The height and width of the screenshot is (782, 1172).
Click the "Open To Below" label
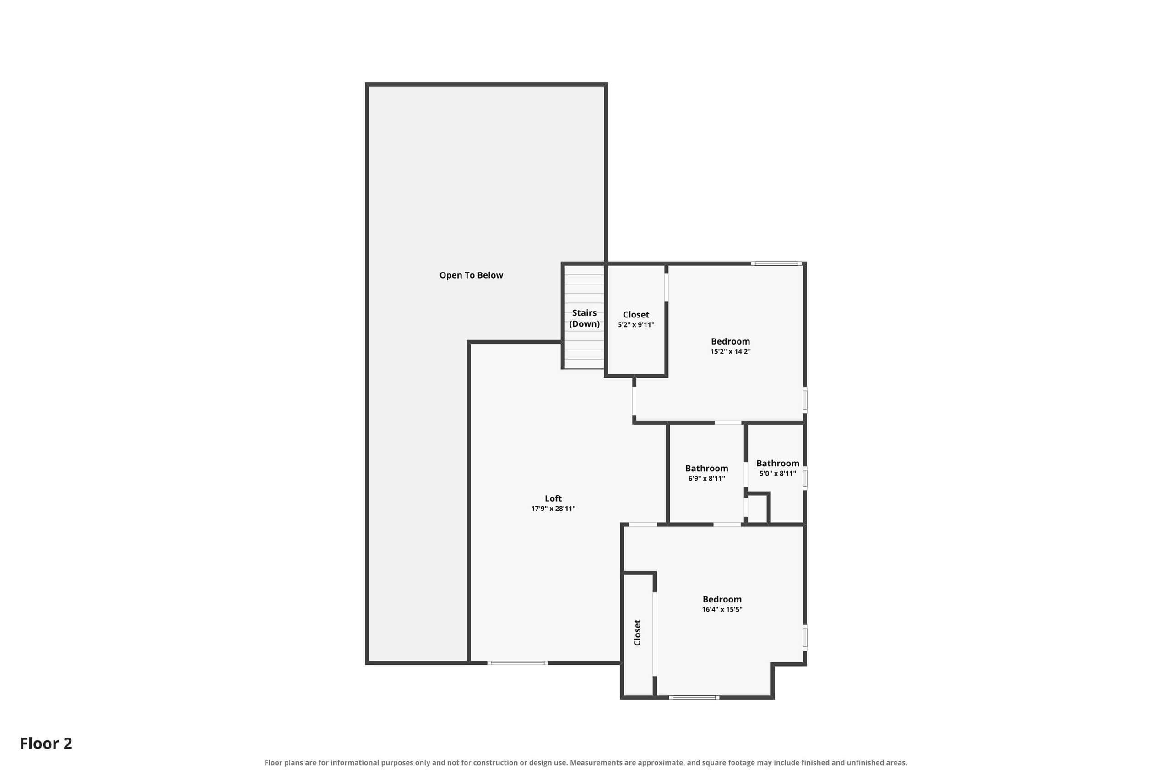471,275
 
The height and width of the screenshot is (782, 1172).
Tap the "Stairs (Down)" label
584,318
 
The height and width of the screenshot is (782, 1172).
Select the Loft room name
553,498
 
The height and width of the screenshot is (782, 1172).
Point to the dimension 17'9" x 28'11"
553,509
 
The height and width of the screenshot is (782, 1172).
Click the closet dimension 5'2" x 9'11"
636,325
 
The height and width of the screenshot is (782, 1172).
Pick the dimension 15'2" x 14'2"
731,351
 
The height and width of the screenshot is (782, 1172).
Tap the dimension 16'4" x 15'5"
722,609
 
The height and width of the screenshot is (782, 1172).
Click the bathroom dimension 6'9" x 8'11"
706,478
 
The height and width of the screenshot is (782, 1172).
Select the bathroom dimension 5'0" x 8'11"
777,473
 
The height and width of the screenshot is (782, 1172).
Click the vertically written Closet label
637,632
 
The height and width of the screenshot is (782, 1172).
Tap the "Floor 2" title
46,744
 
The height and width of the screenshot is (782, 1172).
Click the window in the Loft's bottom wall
518,663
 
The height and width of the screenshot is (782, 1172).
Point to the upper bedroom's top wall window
776,263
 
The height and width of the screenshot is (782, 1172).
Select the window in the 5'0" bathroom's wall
805,478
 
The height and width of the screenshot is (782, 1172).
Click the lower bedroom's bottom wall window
694,698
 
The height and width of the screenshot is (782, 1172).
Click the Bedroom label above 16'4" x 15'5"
722,599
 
